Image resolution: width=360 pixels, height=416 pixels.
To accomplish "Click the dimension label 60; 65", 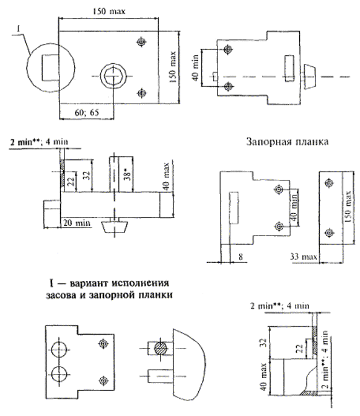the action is (x=87, y=112).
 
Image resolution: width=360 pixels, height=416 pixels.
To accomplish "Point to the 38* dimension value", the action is (x=128, y=174).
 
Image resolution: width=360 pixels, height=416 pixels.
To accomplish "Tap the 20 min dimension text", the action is (x=77, y=223).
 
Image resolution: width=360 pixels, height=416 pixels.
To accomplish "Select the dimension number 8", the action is (x=240, y=257).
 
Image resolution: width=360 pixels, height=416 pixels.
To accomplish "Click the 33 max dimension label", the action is (x=304, y=257).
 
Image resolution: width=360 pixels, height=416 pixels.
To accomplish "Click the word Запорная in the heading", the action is (x=266, y=142).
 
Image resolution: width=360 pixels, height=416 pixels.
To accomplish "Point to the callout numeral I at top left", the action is (x=19, y=29).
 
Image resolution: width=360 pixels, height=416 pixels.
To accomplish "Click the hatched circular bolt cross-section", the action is (x=161, y=348).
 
